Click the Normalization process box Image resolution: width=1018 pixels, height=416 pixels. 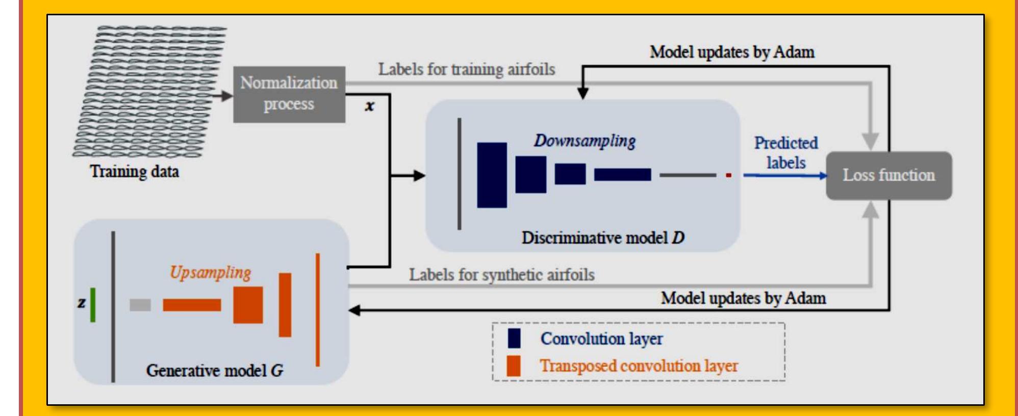pos(289,94)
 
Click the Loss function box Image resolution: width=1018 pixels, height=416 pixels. pos(888,175)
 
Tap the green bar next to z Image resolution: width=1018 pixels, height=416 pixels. pos(93,305)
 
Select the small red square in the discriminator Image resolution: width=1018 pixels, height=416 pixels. pos(728,175)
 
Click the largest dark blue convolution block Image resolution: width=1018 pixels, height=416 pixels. pos(492,175)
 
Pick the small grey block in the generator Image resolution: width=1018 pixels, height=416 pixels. pos(140,305)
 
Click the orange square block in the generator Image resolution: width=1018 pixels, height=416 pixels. pos(248,305)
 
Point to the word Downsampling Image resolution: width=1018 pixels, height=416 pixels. pos(584,141)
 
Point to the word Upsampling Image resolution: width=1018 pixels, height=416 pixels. pos(210,273)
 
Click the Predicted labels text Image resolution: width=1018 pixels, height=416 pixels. pos(786,152)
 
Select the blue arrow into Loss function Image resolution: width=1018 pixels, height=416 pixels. pos(785,175)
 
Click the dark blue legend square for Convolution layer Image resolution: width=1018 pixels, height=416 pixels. pos(514,339)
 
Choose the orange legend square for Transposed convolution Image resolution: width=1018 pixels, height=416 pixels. pos(514,366)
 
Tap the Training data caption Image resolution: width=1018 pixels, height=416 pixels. pos(135,171)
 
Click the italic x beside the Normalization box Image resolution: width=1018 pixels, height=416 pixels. pos(369,106)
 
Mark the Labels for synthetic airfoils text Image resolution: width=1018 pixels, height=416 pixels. pos(501,275)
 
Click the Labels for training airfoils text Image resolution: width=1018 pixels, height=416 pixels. pos(466,69)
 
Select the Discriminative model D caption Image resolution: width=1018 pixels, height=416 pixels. pos(603,238)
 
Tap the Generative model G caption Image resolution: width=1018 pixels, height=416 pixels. pos(214,371)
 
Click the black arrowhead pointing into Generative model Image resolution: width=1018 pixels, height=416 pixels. pos(354,310)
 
